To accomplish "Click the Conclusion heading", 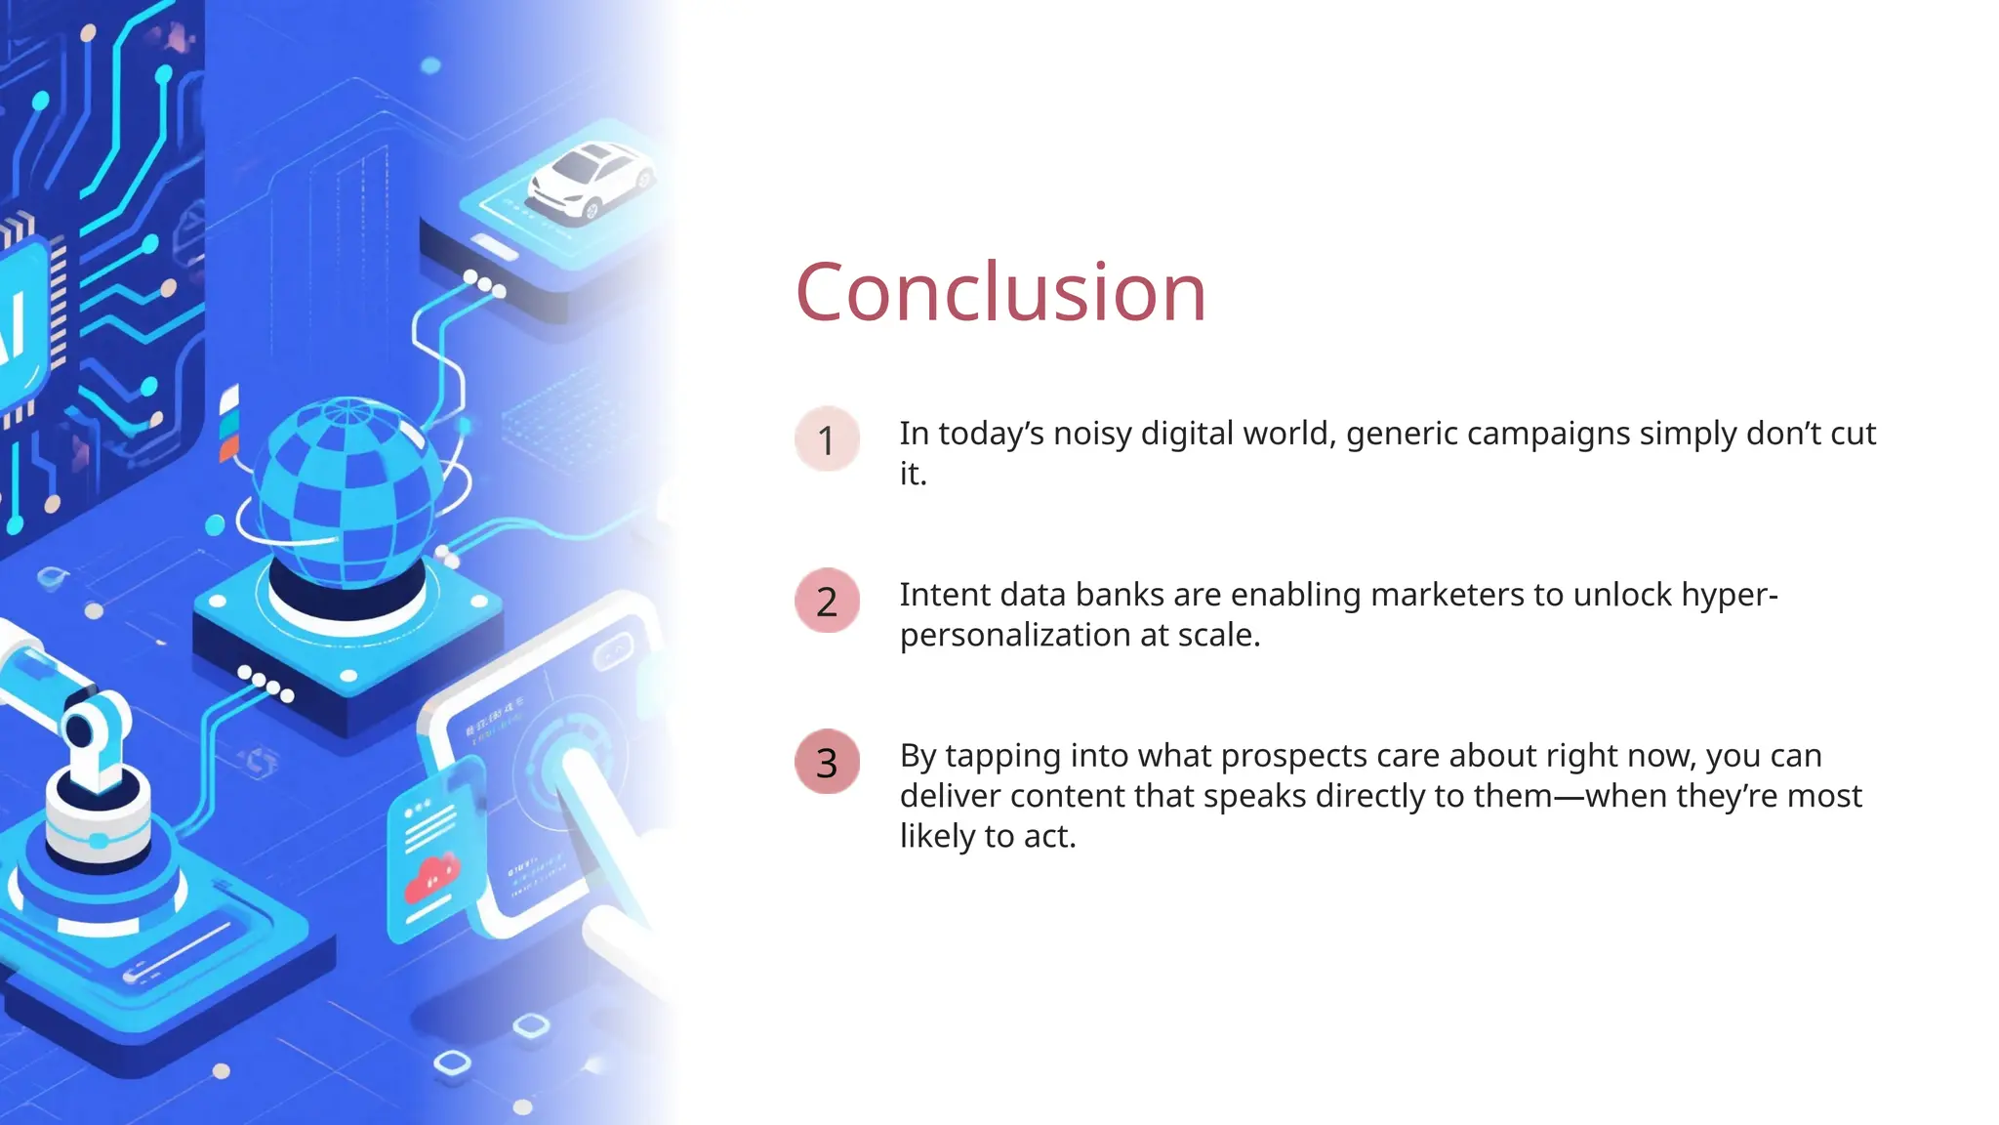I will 1000,292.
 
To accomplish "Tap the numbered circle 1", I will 827,439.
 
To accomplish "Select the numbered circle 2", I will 827,601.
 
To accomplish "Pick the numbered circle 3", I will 827,762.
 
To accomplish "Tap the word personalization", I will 1014,636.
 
